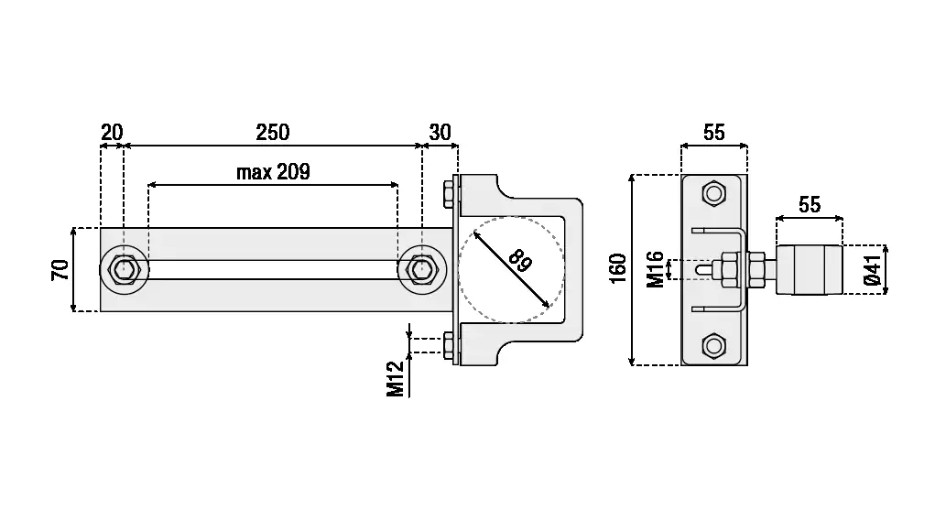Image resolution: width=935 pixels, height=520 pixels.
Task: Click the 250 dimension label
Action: click(273, 133)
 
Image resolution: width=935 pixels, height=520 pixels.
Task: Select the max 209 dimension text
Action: click(273, 172)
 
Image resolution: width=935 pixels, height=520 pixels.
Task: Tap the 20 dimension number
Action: click(112, 133)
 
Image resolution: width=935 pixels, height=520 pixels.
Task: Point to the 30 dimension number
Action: click(440, 133)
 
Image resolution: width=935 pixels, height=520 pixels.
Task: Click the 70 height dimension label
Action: click(60, 269)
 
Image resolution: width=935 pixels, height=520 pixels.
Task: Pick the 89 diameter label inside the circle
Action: click(520, 261)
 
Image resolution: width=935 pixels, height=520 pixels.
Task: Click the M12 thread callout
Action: click(396, 379)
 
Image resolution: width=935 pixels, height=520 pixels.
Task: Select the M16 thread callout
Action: click(656, 269)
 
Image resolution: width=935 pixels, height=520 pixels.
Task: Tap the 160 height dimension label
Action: click(619, 269)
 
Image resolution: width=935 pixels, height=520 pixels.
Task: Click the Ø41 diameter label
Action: click(873, 270)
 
